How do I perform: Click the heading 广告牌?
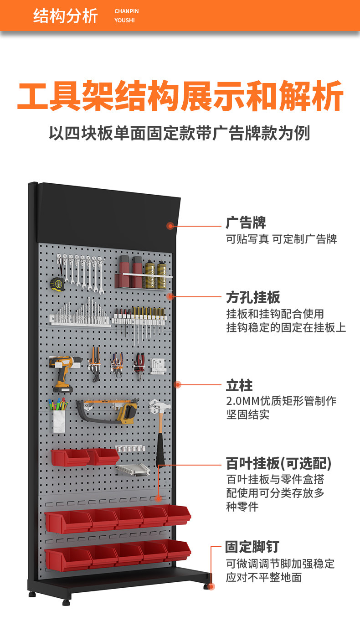246,223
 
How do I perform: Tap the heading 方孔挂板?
253,297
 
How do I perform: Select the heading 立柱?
239,385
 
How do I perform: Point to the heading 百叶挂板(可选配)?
279,463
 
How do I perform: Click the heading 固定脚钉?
252,547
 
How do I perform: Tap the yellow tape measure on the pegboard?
57,284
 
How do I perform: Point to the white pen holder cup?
59,421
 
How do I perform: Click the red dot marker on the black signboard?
170,226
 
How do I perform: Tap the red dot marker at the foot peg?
211,587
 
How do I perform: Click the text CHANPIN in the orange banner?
127,11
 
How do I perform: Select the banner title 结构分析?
66,16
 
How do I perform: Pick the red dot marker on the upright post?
178,384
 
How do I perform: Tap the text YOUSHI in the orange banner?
124,21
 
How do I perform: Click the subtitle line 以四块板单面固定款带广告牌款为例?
180,133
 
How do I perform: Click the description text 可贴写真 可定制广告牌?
282,239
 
